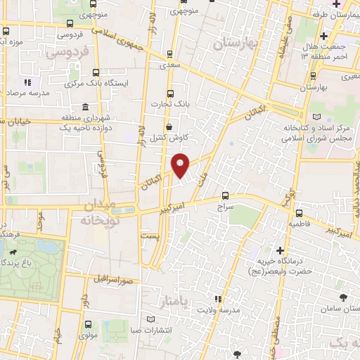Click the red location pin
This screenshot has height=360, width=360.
pos(181,165)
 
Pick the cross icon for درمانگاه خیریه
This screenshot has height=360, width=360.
pos(280,250)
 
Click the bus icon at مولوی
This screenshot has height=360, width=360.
pos(87,325)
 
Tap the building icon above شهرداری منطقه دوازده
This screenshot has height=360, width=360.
pos(85,108)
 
